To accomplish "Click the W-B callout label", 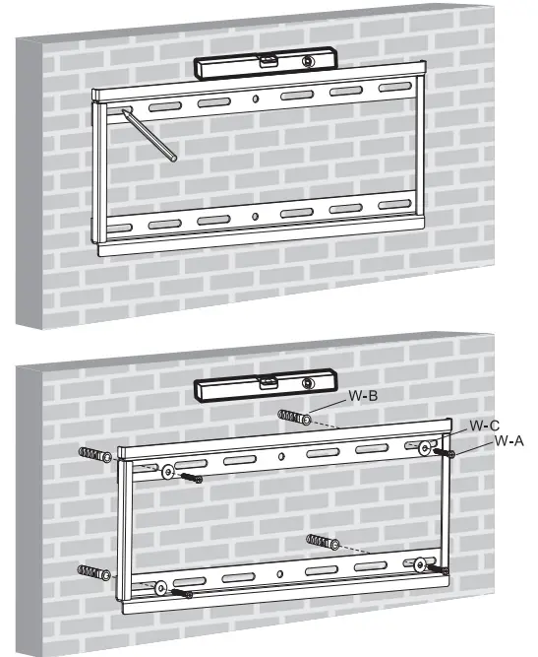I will (361, 398).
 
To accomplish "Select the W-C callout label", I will (482, 426).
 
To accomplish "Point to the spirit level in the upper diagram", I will (263, 66).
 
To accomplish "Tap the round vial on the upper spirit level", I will (309, 62).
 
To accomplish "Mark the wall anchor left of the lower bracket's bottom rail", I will (93, 572).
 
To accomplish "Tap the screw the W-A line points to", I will (445, 454).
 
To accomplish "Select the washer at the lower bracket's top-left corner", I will (168, 472).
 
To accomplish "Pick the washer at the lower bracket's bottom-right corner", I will (420, 564).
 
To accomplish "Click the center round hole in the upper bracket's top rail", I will (255, 99).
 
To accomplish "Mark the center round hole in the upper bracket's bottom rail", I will (255, 217).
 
